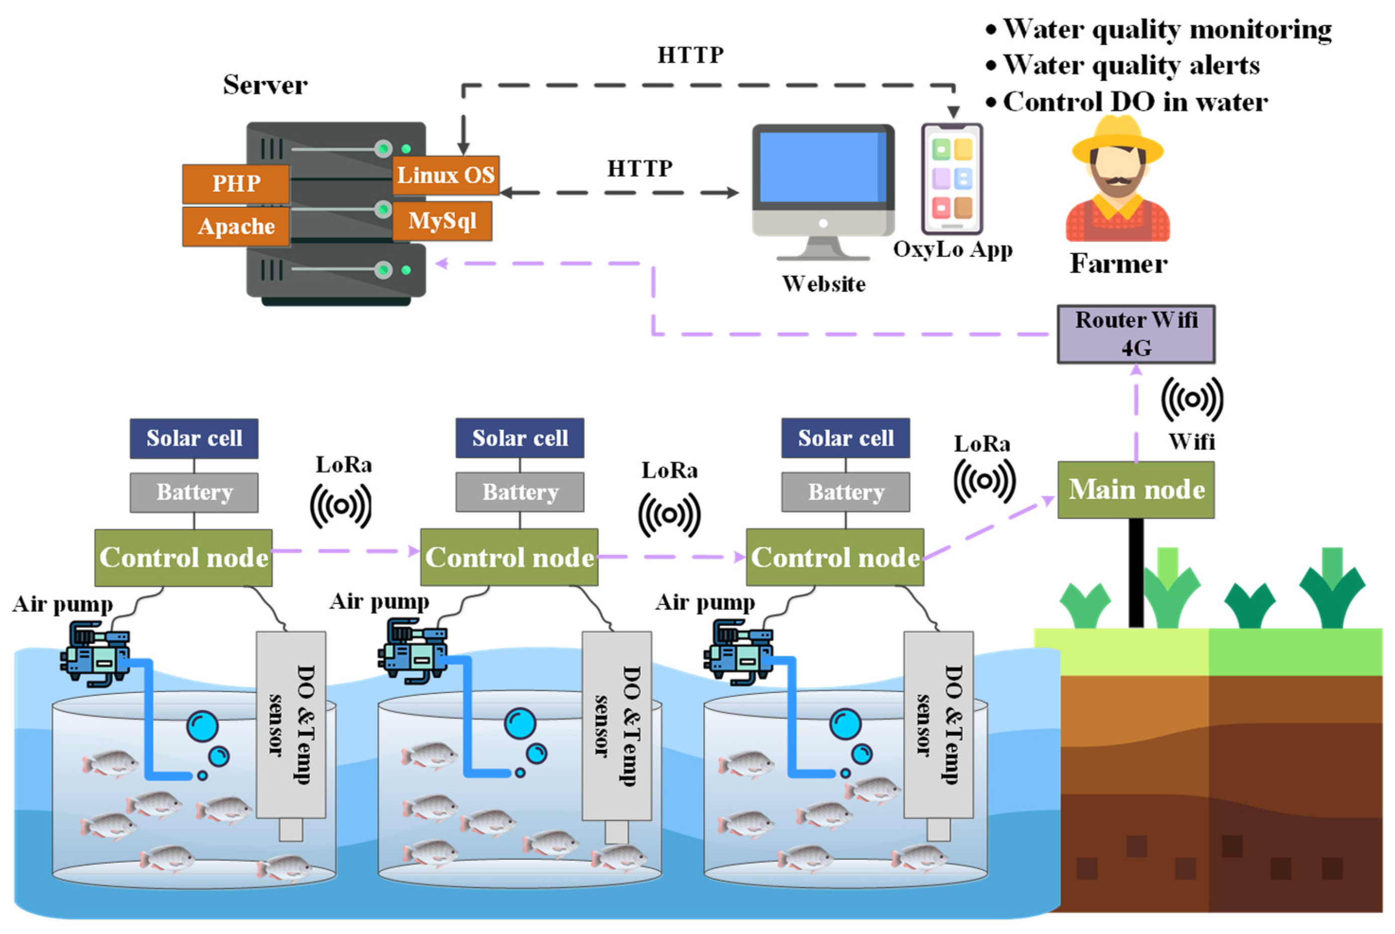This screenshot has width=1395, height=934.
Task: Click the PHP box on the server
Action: pyautogui.click(x=236, y=184)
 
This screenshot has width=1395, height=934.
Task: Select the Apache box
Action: pyautogui.click(x=236, y=226)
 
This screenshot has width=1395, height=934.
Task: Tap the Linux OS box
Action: pyautogui.click(x=446, y=175)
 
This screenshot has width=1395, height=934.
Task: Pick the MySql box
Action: pyautogui.click(x=442, y=221)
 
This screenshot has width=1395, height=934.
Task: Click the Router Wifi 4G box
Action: pyautogui.click(x=1136, y=334)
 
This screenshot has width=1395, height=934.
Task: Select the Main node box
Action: pyautogui.click(x=1136, y=490)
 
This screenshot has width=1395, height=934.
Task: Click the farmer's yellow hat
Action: pyautogui.click(x=1117, y=138)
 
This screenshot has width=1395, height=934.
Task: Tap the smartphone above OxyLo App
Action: pyautogui.click(x=952, y=179)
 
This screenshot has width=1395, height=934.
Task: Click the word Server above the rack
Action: pyautogui.click(x=265, y=84)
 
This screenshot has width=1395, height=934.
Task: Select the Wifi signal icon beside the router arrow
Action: pyautogui.click(x=1192, y=399)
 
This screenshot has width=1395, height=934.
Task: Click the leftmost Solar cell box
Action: pyautogui.click(x=194, y=439)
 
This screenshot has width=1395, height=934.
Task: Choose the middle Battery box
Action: pyautogui.click(x=520, y=492)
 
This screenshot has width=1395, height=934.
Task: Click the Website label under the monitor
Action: pyautogui.click(x=823, y=284)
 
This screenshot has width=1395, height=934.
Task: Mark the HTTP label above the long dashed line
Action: pyautogui.click(x=690, y=55)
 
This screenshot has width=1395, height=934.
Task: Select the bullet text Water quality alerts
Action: pyautogui.click(x=1130, y=65)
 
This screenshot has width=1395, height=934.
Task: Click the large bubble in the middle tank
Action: pyautogui.click(x=520, y=724)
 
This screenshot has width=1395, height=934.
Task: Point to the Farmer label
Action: pyautogui.click(x=1118, y=263)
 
